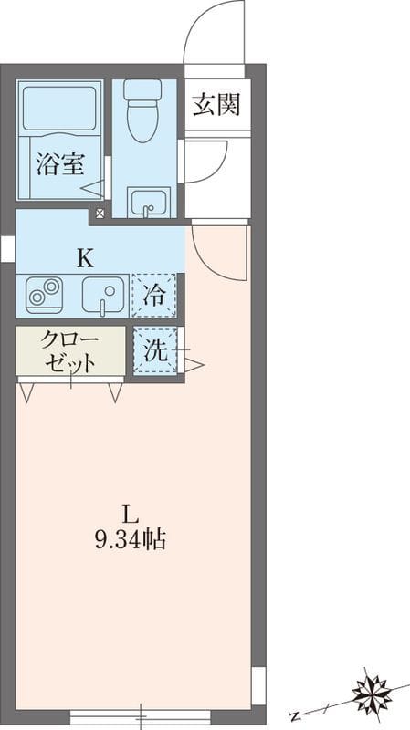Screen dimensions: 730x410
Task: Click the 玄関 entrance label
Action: pyautogui.click(x=216, y=104)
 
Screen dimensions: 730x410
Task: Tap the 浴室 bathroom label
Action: pyautogui.click(x=60, y=165)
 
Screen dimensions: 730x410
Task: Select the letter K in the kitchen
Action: pyautogui.click(x=84, y=257)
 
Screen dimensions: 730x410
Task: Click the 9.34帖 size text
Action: pyautogui.click(x=130, y=540)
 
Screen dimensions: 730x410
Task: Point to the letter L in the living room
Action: pyautogui.click(x=130, y=512)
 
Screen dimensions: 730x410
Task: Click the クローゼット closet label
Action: pyautogui.click(x=69, y=351)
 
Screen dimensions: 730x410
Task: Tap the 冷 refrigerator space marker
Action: pyautogui.click(x=155, y=295)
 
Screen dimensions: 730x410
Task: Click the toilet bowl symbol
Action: pyautogui.click(x=143, y=113)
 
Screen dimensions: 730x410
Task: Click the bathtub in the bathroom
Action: pyautogui.click(x=59, y=109)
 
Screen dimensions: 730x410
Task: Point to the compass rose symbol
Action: pyautogui.click(x=373, y=693)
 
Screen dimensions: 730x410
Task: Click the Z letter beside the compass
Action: pyautogui.click(x=295, y=714)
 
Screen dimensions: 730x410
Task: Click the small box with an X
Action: pyautogui.click(x=100, y=214)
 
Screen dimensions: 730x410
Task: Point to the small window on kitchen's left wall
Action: pyautogui.click(x=7, y=248)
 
